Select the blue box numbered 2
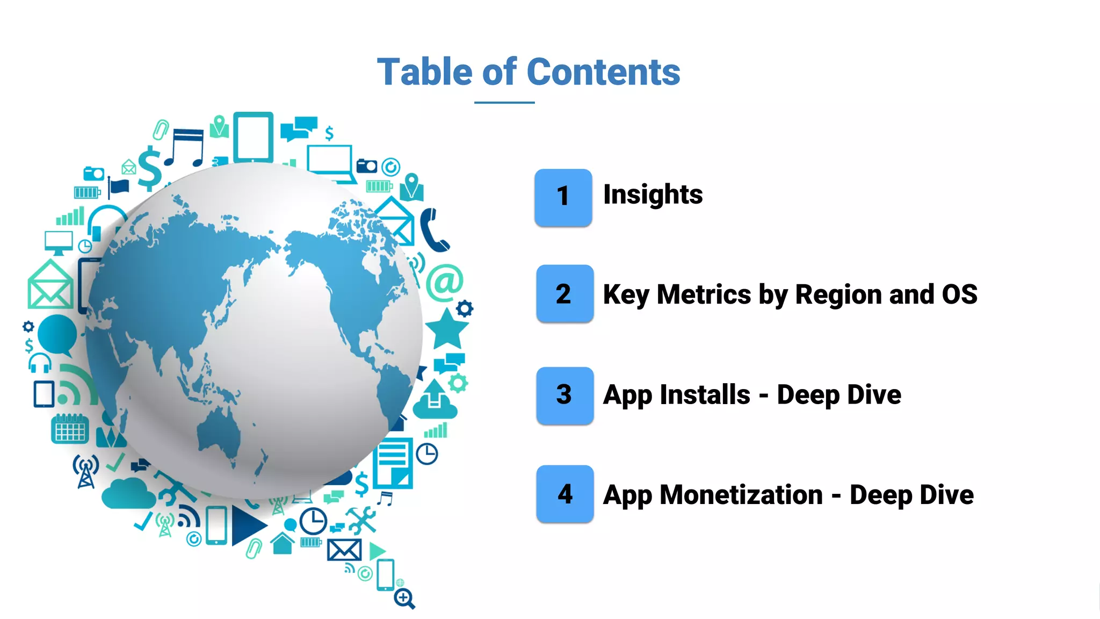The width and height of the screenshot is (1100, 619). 565,293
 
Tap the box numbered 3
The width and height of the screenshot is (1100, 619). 565,395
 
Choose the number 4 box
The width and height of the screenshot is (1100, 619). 565,494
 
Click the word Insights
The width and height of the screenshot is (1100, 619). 653,195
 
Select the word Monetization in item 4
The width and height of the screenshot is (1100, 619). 741,495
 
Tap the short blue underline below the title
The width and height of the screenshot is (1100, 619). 504,102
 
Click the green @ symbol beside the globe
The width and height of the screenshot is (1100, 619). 445,282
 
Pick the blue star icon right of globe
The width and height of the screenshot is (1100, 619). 446,329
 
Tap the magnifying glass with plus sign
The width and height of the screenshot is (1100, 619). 404,598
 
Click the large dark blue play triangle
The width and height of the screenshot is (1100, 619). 247,525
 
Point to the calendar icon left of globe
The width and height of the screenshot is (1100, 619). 70,429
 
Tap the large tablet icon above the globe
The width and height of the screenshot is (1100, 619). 253,137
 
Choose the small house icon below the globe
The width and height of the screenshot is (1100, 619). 283,543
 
